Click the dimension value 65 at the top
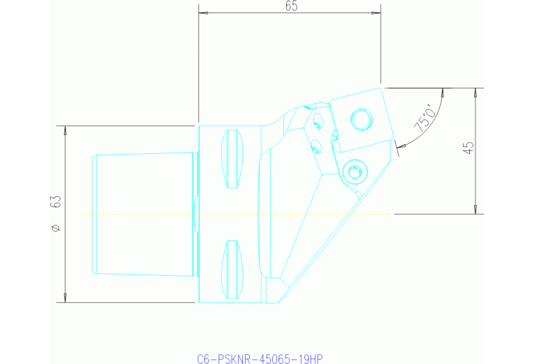(292, 6)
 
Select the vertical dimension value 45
(468, 148)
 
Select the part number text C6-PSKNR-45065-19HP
(260, 359)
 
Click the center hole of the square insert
(360, 120)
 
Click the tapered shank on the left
(143, 214)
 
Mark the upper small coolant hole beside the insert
(318, 122)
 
